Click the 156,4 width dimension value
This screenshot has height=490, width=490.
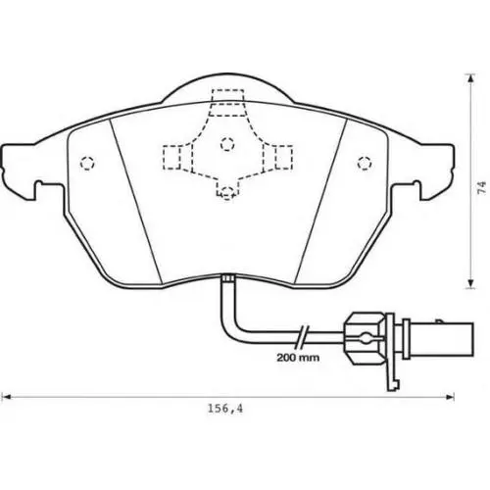click(x=225, y=409)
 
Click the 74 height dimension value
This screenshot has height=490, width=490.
click(x=481, y=188)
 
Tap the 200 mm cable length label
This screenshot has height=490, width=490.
click(x=298, y=358)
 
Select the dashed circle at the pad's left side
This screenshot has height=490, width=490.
click(x=87, y=163)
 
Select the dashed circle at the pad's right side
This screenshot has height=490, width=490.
click(x=365, y=163)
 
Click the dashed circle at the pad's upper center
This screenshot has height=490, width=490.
click(x=227, y=144)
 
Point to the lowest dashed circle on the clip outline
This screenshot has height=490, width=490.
click(x=227, y=192)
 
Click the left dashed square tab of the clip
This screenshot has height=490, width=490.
click(x=171, y=157)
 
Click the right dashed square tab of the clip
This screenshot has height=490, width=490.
click(x=283, y=157)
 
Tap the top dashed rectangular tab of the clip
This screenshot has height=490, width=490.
click(x=227, y=102)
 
